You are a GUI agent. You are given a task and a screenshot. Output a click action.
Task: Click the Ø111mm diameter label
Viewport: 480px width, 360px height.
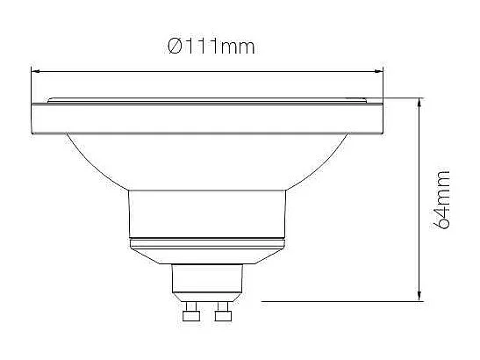coord(211,46)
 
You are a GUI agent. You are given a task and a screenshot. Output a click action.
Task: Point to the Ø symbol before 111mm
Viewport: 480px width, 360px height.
coord(174,46)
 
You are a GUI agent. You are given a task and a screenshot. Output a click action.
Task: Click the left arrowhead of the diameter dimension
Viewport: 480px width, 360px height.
coord(35,70)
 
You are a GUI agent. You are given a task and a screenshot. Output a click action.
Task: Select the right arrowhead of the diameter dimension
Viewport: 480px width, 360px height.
coord(382,70)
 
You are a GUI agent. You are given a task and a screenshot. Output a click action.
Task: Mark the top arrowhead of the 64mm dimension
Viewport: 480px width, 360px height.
coord(422,103)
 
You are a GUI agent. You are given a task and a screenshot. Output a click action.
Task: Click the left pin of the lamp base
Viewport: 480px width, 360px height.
coord(190,313)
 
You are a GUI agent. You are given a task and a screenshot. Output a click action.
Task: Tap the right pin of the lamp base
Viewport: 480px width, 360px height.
coord(224,313)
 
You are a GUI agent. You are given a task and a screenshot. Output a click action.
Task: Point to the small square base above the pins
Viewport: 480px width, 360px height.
coord(206,282)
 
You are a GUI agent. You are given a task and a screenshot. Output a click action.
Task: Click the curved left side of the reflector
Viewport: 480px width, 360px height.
coord(88,158)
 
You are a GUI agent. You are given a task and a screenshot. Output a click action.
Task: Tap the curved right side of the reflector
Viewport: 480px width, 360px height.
coord(329,158)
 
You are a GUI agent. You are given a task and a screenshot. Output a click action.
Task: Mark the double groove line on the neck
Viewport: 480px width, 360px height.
coord(207,240)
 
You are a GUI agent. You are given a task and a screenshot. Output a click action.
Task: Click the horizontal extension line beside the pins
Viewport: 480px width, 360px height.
coord(333,301)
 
